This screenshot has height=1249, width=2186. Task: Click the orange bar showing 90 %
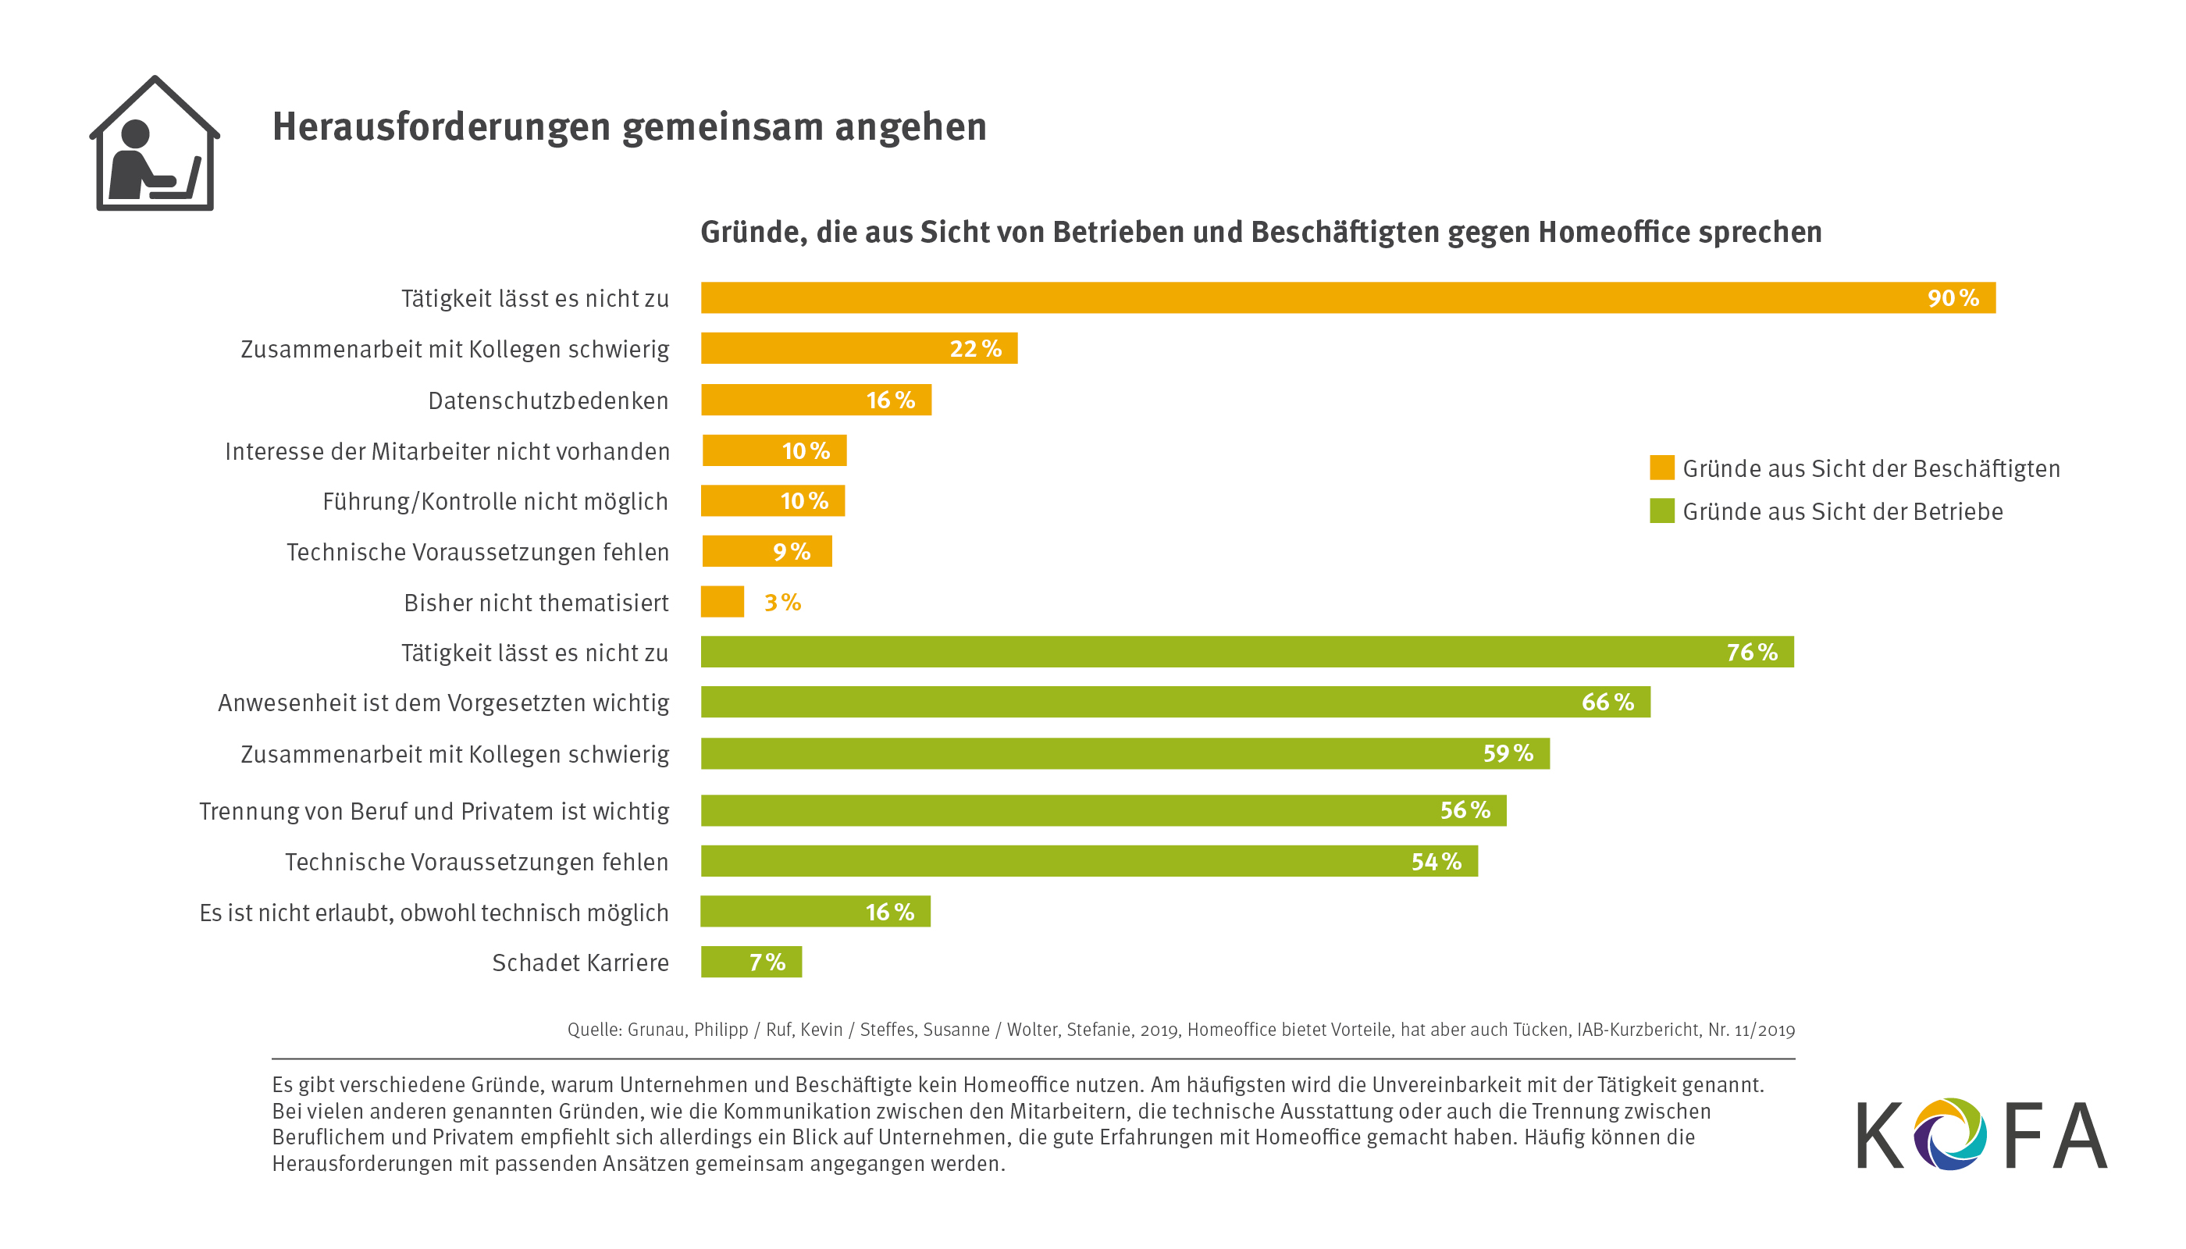pyautogui.click(x=1347, y=297)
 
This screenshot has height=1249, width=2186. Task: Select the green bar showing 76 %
pyautogui.click(x=1246, y=652)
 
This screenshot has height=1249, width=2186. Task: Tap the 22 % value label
pyautogui.click(x=975, y=349)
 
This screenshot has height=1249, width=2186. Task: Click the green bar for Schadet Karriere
pyautogui.click(x=751, y=962)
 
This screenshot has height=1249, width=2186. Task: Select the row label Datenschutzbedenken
pyautogui.click(x=547, y=400)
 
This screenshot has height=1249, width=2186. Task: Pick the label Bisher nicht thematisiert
pyautogui.click(x=536, y=603)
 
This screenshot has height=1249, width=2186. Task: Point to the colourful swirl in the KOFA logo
pyautogui.click(x=1949, y=1133)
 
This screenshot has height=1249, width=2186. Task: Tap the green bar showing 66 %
pyautogui.click(x=1174, y=702)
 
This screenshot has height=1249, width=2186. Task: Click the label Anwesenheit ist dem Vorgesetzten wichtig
pyautogui.click(x=443, y=703)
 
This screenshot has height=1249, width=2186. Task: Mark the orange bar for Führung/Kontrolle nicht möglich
pyautogui.click(x=772, y=501)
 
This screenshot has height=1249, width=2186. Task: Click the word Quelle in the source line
pyautogui.click(x=593, y=1030)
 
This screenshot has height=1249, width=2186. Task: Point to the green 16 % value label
pyautogui.click(x=890, y=912)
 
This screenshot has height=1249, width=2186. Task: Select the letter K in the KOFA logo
pyautogui.click(x=1880, y=1136)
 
